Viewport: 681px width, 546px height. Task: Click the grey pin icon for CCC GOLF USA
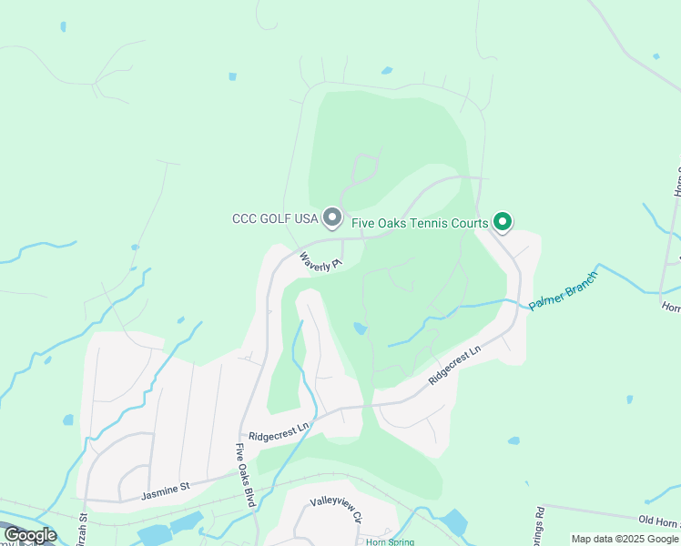click(x=332, y=218)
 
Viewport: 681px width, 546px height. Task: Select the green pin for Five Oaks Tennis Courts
click(x=502, y=220)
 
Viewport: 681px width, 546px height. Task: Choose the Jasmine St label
click(x=165, y=491)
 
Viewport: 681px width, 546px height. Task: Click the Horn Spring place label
click(x=390, y=541)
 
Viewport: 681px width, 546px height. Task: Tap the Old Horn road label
click(x=658, y=521)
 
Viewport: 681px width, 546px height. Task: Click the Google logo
click(x=29, y=534)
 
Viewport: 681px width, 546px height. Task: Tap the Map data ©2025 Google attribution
click(x=625, y=540)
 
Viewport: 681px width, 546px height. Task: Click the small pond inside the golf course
click(x=361, y=329)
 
